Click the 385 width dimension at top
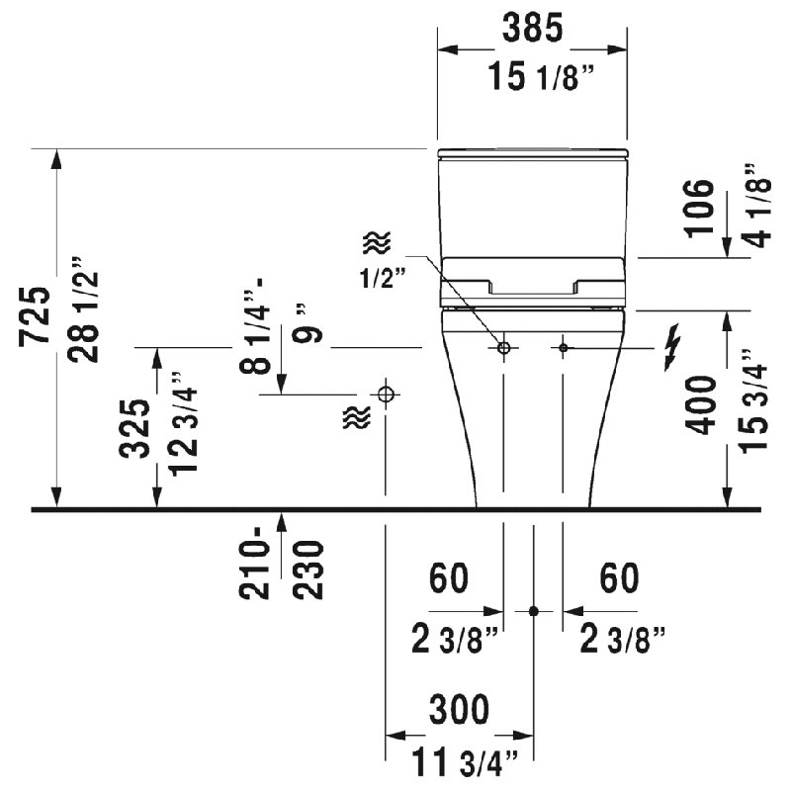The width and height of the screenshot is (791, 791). [532, 28]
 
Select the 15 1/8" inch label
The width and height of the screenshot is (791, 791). [541, 77]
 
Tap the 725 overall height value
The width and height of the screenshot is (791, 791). [35, 316]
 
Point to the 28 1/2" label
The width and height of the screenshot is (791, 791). [83, 309]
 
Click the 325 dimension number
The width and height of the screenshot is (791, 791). [134, 428]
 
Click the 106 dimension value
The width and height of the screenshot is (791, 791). [699, 208]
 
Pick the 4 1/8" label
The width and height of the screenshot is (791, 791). [757, 206]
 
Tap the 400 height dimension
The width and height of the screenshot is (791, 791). [701, 405]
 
